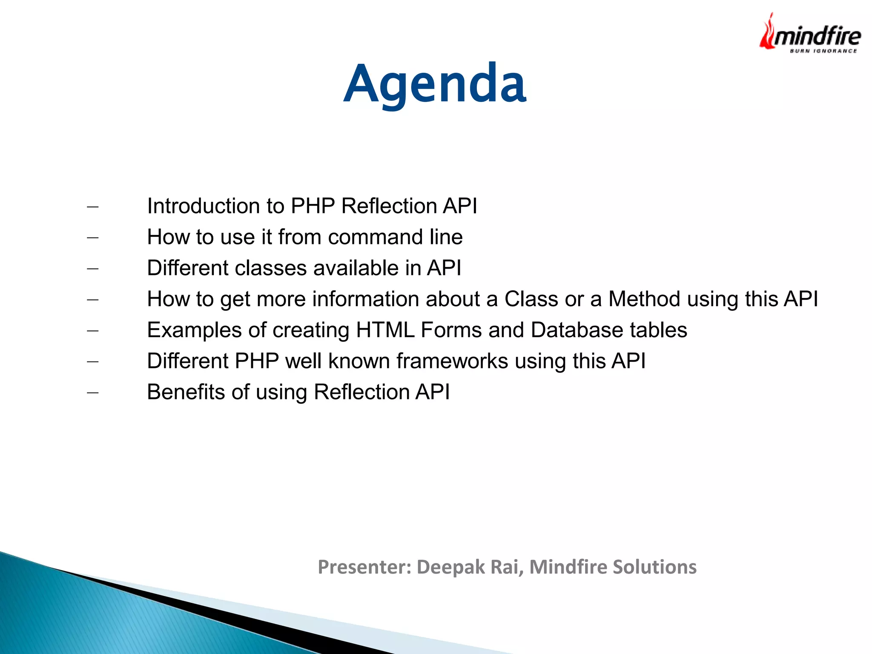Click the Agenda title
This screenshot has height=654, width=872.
point(435,83)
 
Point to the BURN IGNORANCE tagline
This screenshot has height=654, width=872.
point(823,51)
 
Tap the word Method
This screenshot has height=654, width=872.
point(644,299)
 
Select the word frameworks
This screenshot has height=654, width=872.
point(452,361)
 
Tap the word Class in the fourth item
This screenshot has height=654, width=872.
point(531,299)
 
